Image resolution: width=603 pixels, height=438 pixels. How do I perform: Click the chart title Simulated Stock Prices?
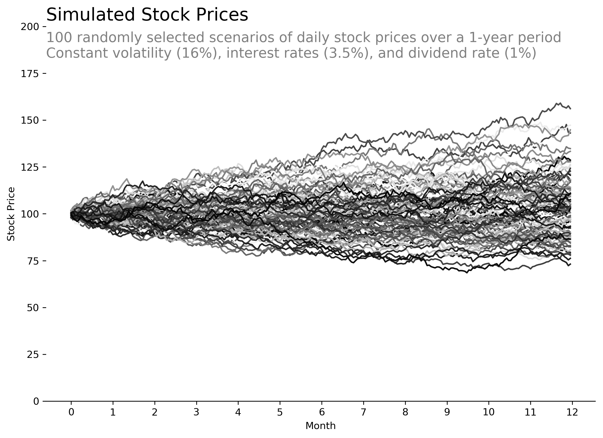(x=147, y=15)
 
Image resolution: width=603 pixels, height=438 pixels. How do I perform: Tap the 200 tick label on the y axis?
(x=30, y=27)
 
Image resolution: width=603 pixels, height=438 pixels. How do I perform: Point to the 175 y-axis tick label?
(x=30, y=74)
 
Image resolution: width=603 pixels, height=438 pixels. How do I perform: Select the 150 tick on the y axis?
(x=30, y=120)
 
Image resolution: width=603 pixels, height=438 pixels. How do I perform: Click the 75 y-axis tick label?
(x=33, y=261)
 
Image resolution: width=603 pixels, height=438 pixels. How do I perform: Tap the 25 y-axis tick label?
(x=33, y=355)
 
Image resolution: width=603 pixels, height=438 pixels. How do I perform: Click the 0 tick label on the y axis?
(x=36, y=401)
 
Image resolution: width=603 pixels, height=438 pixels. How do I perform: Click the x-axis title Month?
(x=320, y=426)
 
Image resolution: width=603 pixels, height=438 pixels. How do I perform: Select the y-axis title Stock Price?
(x=11, y=214)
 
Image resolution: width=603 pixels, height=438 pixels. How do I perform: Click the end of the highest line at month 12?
(x=571, y=108)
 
